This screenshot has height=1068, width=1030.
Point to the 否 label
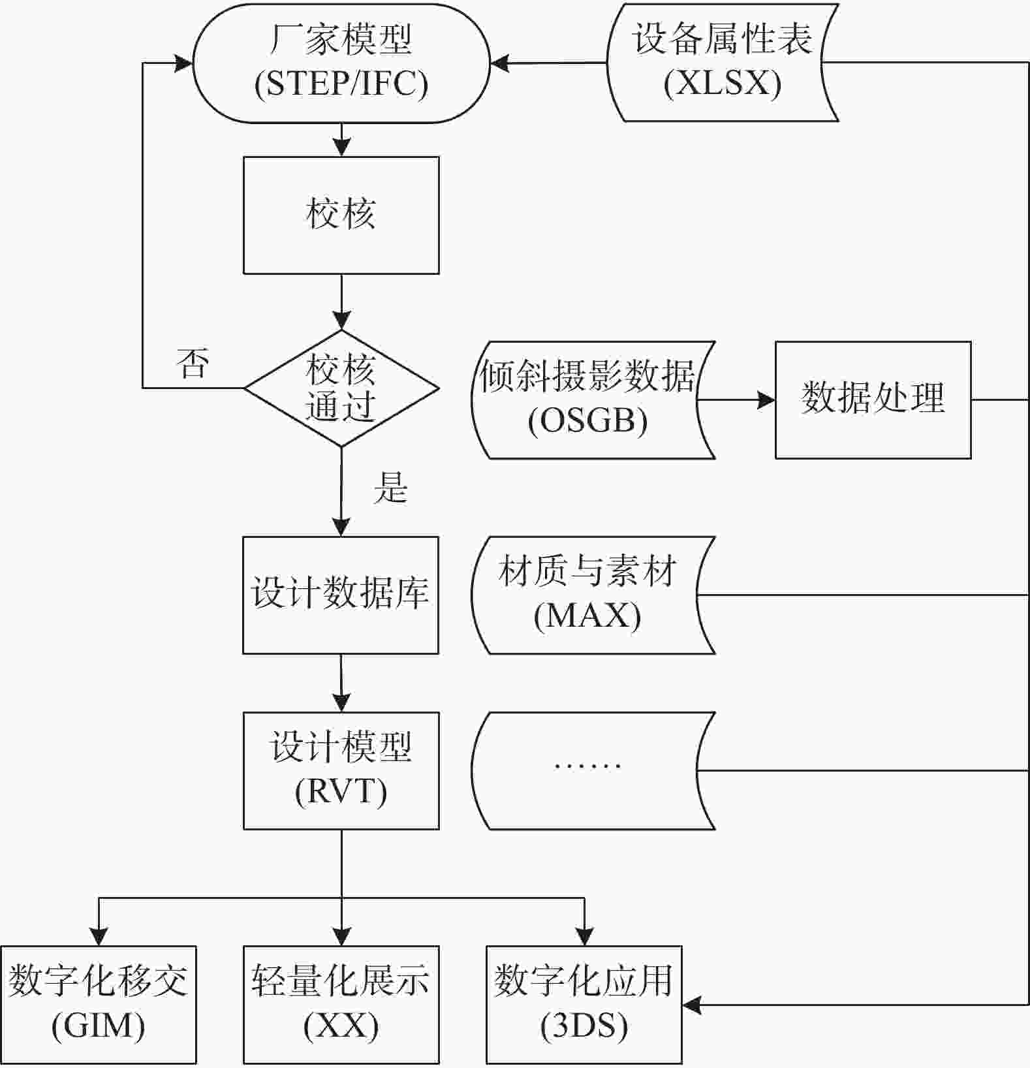coord(193,364)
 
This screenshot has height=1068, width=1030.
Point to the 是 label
coord(390,488)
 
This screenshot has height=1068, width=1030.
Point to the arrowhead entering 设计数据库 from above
coord(341,527)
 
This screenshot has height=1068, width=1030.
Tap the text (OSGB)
coord(588,421)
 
